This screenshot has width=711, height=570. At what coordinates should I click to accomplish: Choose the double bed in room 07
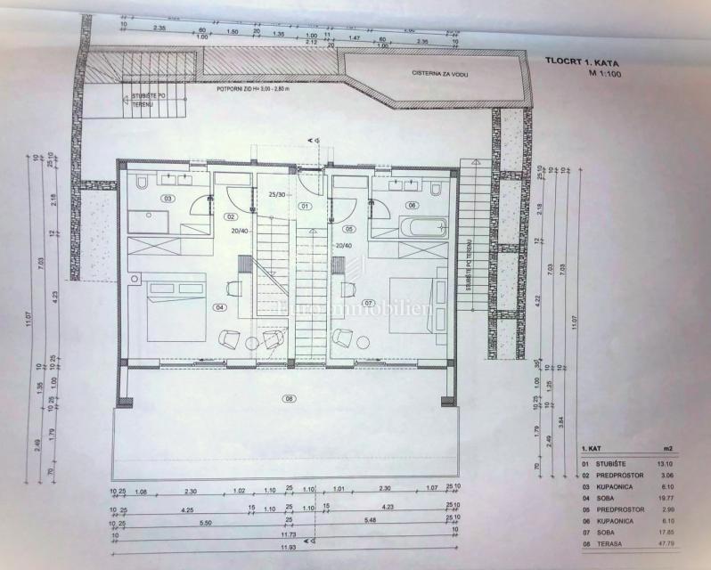412,307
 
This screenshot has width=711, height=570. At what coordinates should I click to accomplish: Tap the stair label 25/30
277,193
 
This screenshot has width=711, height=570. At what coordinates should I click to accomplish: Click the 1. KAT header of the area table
592,448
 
